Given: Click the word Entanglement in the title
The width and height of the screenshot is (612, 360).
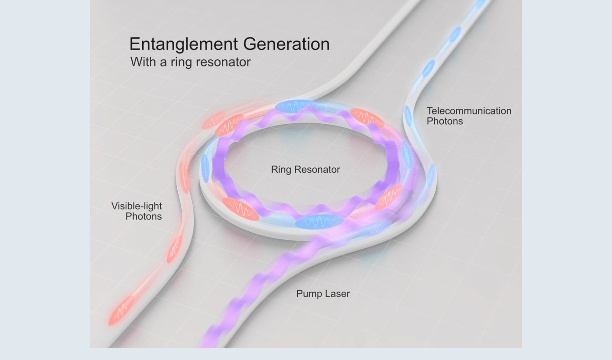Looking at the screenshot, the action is (184, 44).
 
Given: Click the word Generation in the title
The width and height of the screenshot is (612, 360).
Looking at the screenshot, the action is (286, 44).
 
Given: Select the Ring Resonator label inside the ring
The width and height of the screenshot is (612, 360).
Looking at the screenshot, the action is (306, 170).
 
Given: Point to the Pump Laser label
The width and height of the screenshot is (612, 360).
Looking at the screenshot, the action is (323, 294).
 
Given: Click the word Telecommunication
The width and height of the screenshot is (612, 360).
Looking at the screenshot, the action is (469, 111).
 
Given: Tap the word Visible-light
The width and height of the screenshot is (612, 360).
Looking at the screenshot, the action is (137, 206).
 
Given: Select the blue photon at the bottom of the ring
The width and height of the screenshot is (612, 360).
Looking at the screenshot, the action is (319, 221).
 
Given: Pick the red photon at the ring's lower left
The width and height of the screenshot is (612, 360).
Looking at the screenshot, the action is (240, 209).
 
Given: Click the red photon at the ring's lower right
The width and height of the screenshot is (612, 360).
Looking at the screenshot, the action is (389, 197).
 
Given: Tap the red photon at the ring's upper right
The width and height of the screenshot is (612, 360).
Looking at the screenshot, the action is (367, 118).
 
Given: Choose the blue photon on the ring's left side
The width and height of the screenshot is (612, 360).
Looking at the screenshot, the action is (205, 168).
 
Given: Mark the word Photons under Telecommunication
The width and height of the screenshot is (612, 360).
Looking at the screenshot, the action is (445, 121).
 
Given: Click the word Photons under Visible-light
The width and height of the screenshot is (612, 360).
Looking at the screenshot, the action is (144, 216).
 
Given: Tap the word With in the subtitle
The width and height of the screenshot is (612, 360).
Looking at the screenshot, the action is (144, 62).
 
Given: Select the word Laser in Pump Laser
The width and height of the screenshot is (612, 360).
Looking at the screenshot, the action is (337, 294).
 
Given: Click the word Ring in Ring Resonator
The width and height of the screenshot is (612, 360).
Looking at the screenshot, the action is (281, 170).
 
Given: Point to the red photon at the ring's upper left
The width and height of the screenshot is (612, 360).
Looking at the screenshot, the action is (229, 126).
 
